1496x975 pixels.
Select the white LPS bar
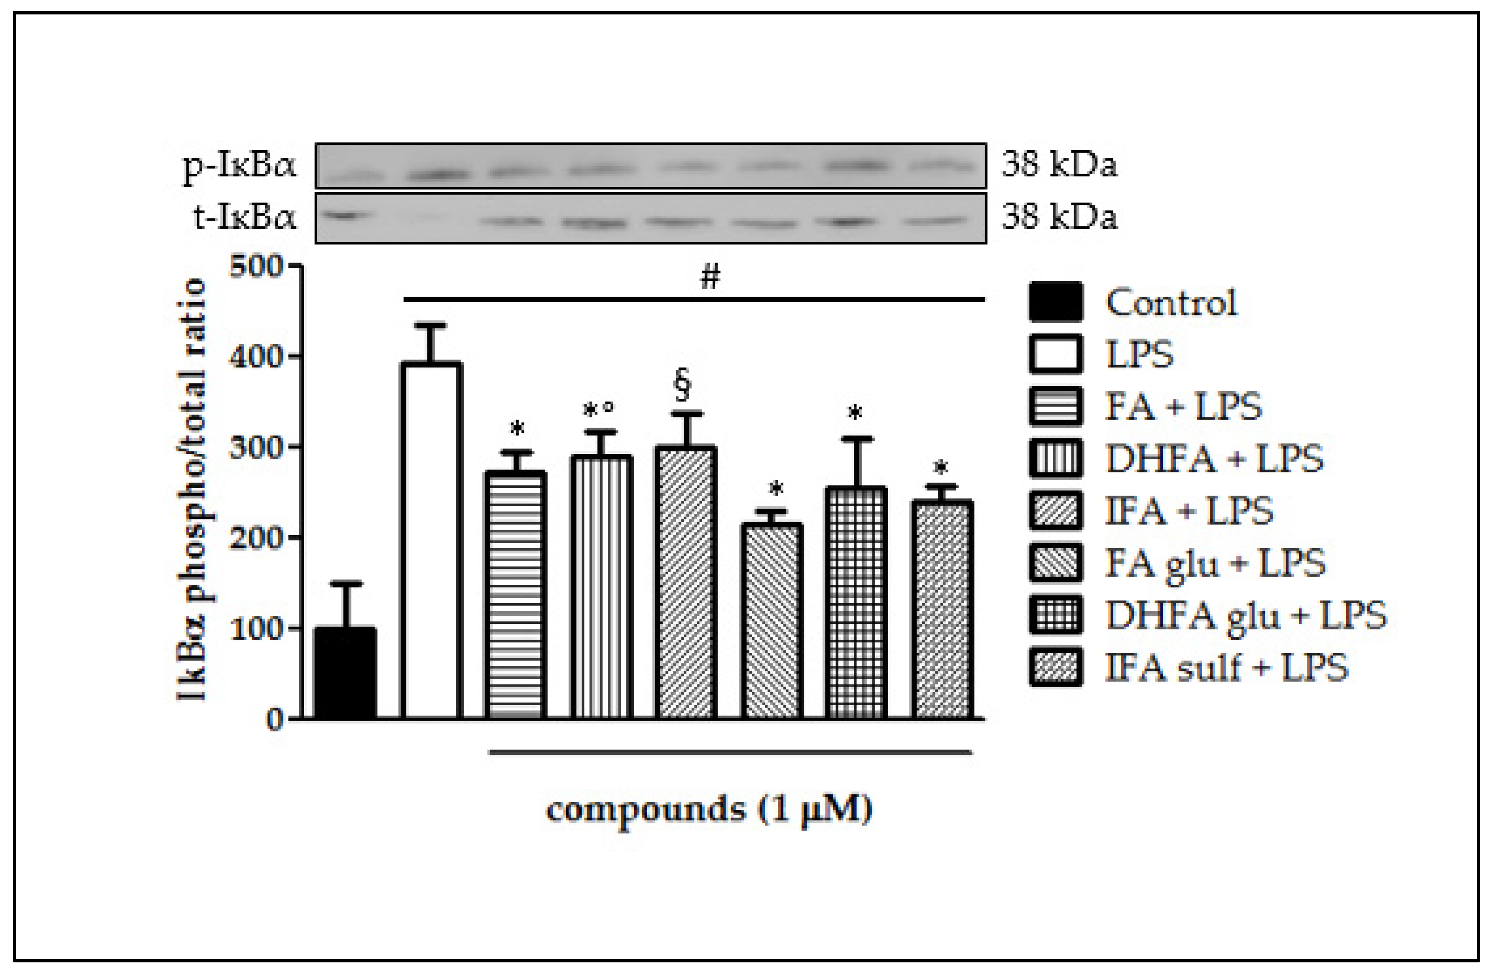point(431,541)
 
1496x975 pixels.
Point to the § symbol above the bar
point(683,385)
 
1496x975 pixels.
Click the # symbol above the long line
point(710,277)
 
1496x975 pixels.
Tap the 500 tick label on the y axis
point(256,267)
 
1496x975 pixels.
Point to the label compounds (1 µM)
point(709,809)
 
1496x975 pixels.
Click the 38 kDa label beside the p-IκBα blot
point(1060,165)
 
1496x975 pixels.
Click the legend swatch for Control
point(1056,302)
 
